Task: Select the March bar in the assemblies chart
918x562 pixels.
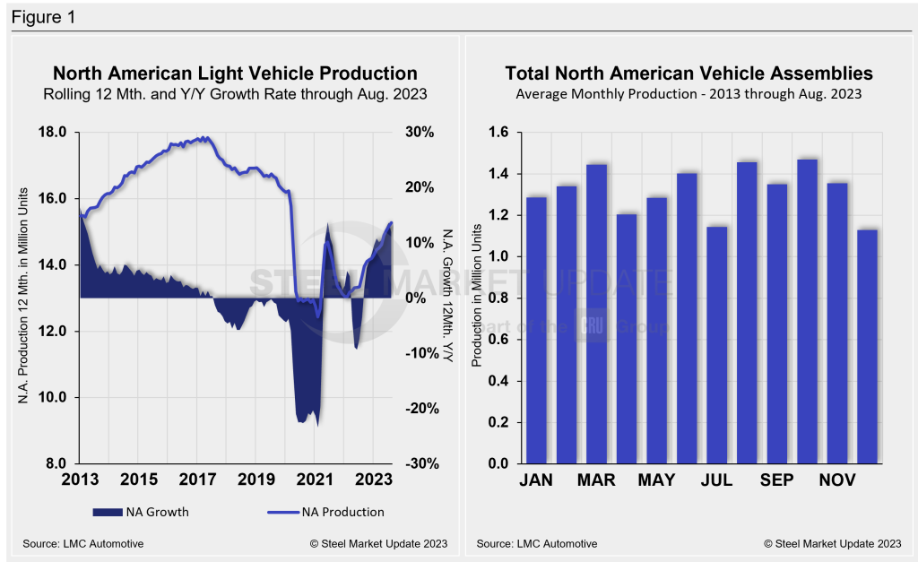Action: [596, 314]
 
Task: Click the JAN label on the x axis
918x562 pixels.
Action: [536, 480]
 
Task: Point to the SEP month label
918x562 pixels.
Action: [776, 480]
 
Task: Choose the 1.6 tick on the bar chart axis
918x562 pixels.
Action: [498, 133]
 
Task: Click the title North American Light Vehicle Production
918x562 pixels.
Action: [235, 73]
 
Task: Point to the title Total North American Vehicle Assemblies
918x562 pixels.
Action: [688, 73]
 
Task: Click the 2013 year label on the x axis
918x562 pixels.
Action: [80, 480]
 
